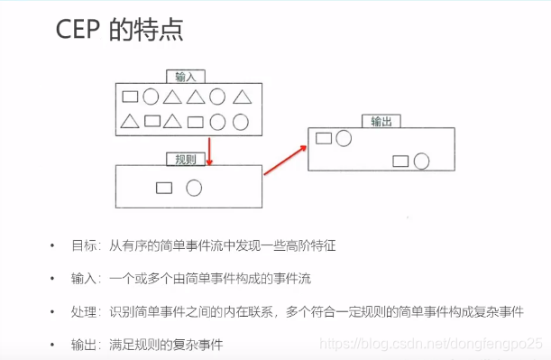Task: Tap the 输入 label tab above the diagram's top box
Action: point(186,77)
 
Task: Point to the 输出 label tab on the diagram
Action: point(380,121)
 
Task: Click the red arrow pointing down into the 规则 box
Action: point(209,152)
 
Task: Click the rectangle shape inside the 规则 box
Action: point(164,188)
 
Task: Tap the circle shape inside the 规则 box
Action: point(194,188)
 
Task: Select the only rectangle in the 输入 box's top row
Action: point(130,96)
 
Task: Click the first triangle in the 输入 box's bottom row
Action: point(130,121)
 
